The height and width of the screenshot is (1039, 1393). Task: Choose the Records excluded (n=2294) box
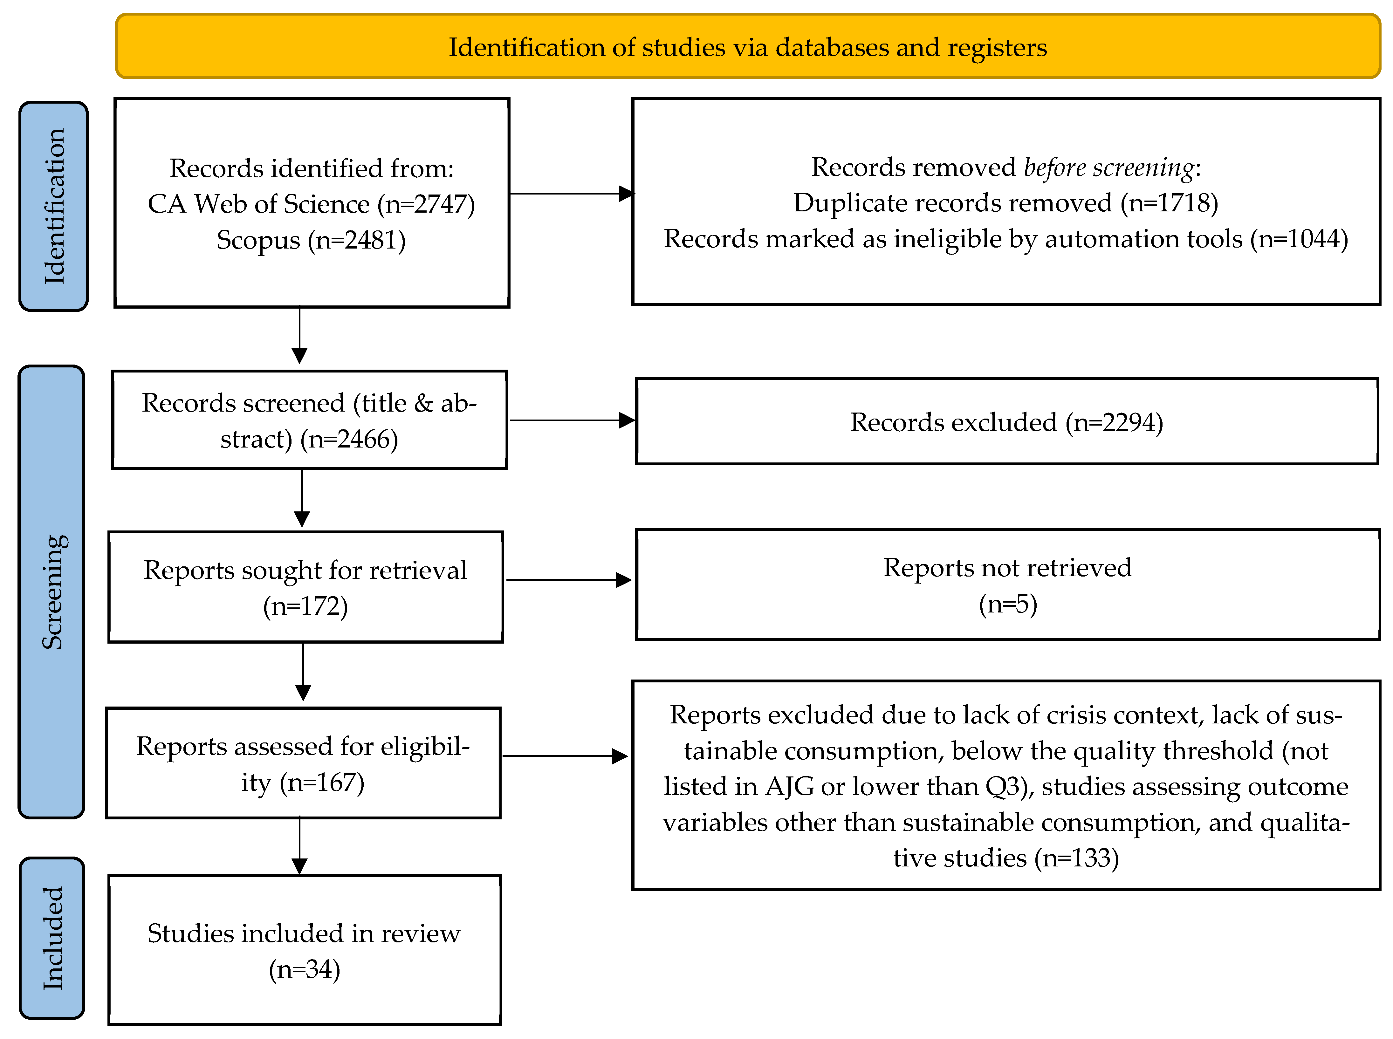point(1007,421)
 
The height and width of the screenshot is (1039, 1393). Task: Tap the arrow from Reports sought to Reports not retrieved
point(568,580)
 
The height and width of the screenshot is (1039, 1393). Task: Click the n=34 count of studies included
point(305,969)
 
